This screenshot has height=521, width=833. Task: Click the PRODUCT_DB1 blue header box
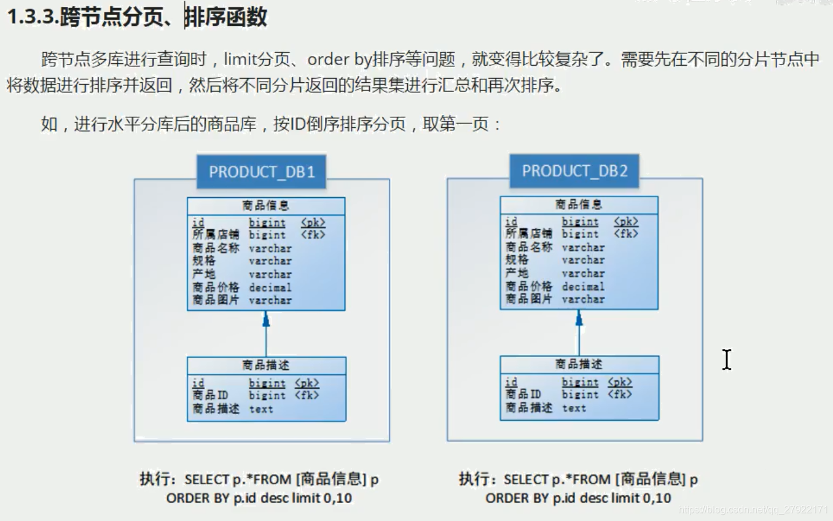262,171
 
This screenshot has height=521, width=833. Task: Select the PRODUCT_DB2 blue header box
574,171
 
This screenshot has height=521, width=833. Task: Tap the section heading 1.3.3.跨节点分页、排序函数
137,17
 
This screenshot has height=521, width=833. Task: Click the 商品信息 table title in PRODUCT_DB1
266,206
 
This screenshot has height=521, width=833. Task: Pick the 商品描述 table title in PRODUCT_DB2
579,364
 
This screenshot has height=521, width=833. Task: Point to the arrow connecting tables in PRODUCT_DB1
266,335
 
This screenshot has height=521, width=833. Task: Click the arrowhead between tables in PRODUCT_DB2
579,318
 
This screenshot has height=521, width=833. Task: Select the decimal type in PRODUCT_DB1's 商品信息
270,288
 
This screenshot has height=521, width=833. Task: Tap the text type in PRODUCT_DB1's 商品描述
261,409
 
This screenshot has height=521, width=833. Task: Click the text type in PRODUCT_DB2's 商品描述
574,408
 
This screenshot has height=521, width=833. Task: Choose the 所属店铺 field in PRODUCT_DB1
215,235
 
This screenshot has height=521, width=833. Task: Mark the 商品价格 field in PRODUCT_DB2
528,286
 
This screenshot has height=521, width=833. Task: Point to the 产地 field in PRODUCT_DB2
517,273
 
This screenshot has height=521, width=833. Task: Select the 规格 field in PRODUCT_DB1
204,261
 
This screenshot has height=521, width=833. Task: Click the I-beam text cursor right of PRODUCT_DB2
727,360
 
